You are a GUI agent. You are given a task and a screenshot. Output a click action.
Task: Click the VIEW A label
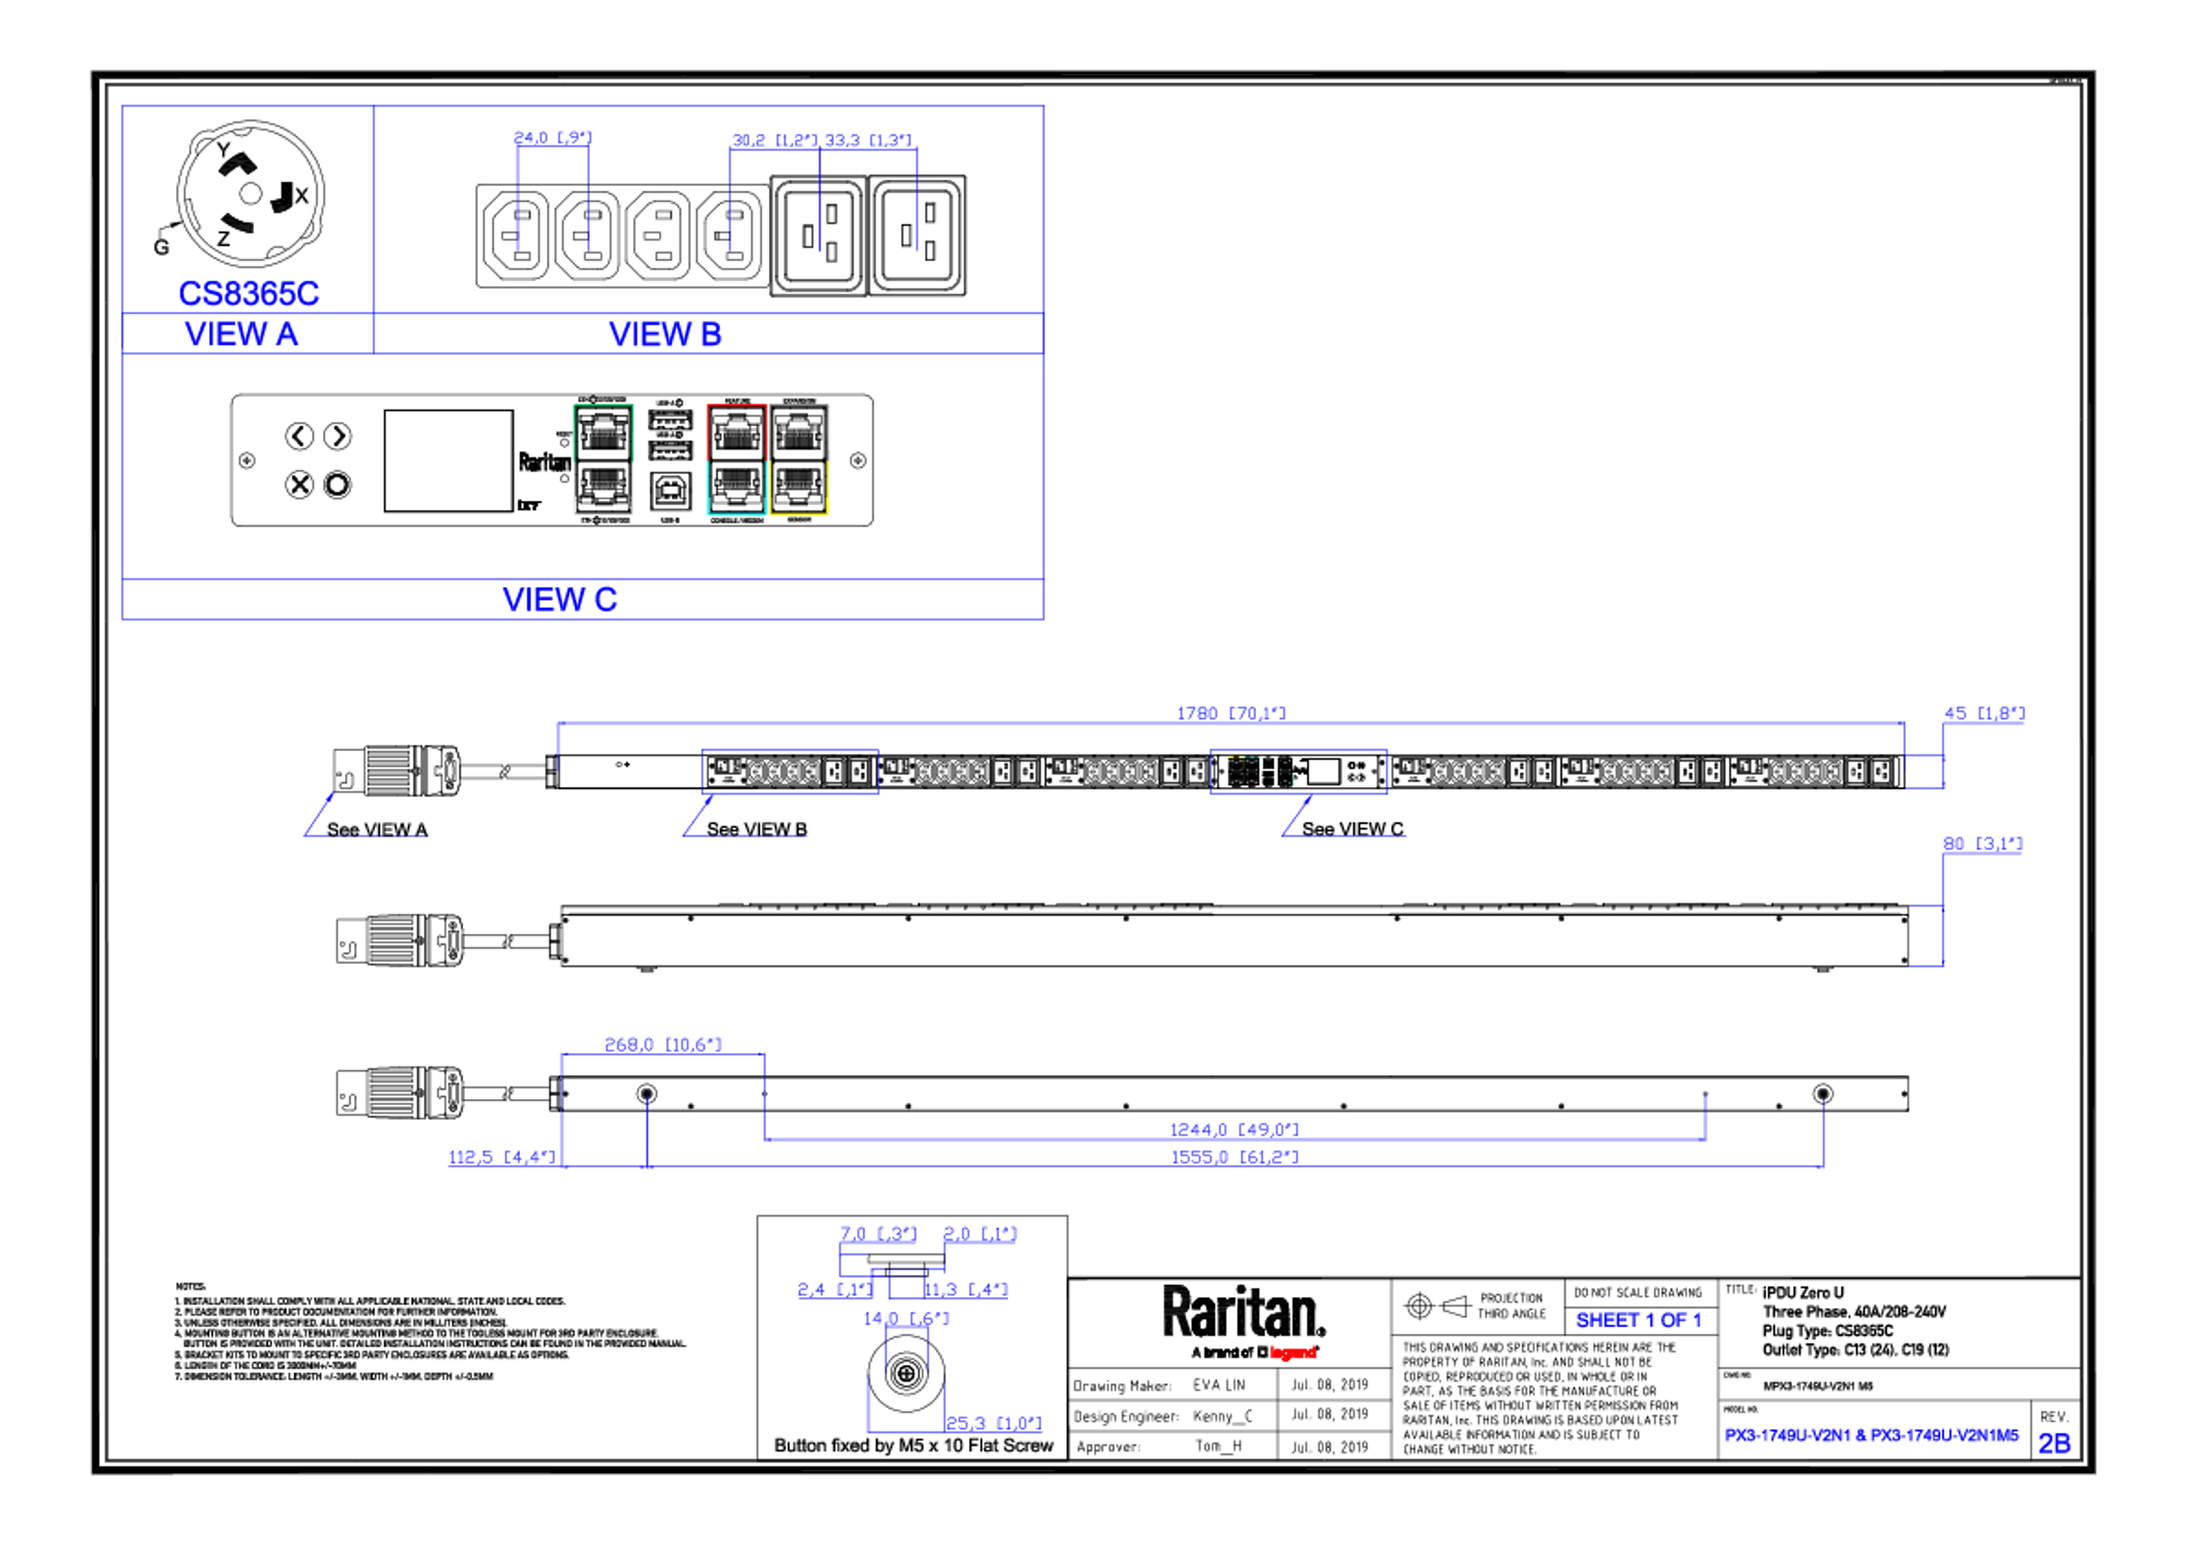click(242, 334)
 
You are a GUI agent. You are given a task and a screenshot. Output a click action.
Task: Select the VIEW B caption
click(664, 334)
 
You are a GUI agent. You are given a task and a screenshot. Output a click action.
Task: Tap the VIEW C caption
click(560, 600)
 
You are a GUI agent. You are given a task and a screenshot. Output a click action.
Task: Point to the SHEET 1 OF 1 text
click(1638, 1320)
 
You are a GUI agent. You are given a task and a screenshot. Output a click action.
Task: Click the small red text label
click(1293, 1352)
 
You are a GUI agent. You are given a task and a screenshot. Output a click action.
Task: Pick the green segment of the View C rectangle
click(603, 405)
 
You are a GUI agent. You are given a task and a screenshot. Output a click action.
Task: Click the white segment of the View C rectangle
click(603, 514)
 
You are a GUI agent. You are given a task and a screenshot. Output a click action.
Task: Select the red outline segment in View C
click(735, 405)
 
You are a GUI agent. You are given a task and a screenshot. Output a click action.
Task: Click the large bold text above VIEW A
click(249, 293)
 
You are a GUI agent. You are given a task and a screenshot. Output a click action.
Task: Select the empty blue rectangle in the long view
click(790, 771)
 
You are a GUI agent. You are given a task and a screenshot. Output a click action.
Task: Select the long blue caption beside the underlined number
click(1871, 1435)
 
